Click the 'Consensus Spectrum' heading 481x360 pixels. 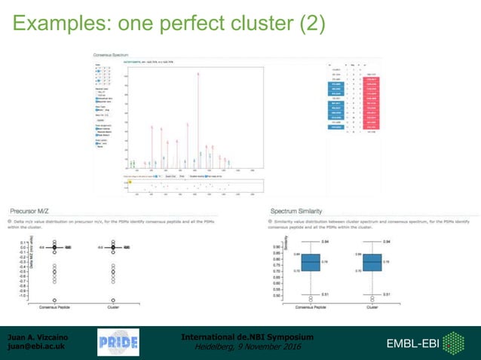tap(109, 55)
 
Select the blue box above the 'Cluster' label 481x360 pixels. tap(372, 262)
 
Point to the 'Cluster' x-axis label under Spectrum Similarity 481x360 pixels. tap(372, 307)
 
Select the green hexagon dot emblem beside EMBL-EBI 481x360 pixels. tap(453, 343)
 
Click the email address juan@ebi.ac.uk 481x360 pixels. tap(36, 347)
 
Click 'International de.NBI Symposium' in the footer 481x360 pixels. tap(247, 337)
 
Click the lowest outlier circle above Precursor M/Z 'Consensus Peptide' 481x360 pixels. tap(54, 299)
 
